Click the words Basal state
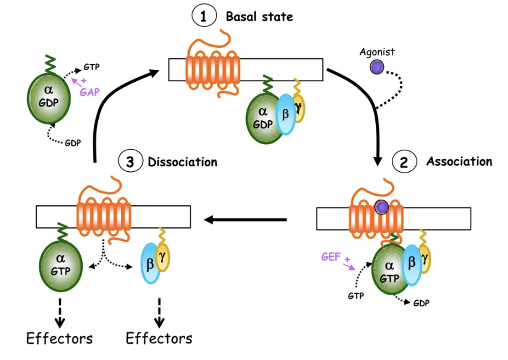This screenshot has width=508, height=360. tap(259, 17)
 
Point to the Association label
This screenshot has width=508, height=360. tap(459, 162)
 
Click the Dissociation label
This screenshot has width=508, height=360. tap(182, 163)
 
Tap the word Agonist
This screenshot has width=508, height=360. tap(377, 52)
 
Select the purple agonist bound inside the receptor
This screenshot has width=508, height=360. tap(381, 208)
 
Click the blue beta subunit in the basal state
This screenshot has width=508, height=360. tap(286, 114)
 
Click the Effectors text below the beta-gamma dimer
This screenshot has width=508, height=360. tap(159, 339)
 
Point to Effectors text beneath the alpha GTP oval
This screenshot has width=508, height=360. tap(59, 339)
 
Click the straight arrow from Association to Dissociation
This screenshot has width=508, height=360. tap(245, 220)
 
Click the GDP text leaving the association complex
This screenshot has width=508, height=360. tap(422, 303)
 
